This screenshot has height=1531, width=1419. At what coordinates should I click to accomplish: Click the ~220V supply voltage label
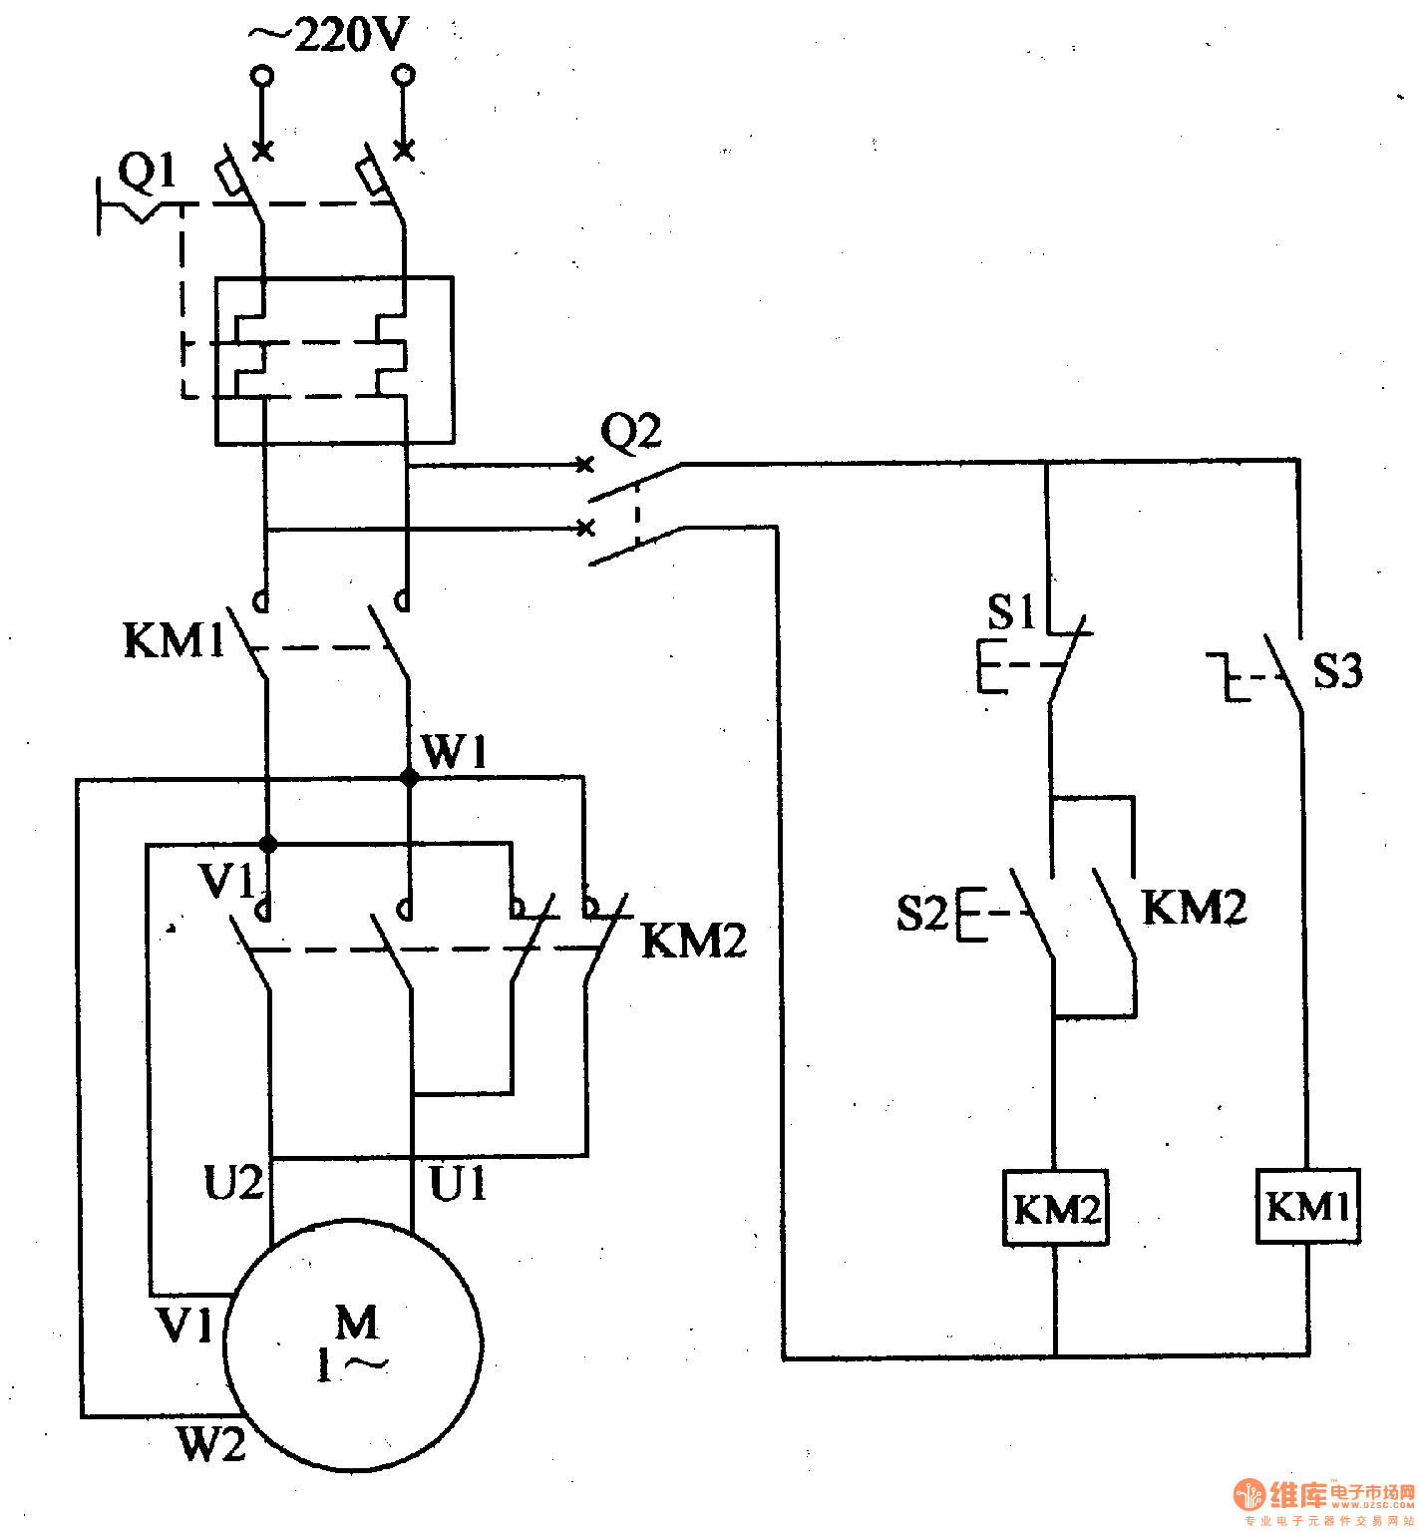(329, 36)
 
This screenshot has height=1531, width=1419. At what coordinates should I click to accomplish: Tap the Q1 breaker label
(147, 172)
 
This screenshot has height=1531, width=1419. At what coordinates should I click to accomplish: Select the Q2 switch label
(630, 432)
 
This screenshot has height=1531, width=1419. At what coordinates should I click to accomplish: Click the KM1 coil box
(1307, 1207)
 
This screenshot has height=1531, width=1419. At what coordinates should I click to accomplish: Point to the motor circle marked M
(354, 1344)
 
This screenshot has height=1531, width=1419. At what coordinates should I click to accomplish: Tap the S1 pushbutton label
(1011, 611)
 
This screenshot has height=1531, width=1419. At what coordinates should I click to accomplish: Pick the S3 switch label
(1336, 670)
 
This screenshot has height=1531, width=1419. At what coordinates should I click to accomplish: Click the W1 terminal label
(455, 751)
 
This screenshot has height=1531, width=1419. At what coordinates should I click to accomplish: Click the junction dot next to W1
(409, 778)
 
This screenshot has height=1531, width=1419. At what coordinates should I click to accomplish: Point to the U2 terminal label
(233, 1183)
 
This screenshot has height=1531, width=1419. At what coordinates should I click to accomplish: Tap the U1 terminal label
(458, 1184)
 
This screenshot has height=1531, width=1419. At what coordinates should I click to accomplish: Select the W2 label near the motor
(211, 1443)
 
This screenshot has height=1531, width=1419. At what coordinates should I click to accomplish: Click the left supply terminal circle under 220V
(262, 75)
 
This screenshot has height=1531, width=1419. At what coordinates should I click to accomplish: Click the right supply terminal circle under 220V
(404, 75)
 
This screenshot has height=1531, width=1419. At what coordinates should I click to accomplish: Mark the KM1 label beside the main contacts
(175, 640)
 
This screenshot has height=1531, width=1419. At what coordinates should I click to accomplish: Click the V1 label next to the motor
(185, 1325)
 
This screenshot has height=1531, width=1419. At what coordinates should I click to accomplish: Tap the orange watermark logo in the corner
(1250, 1493)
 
